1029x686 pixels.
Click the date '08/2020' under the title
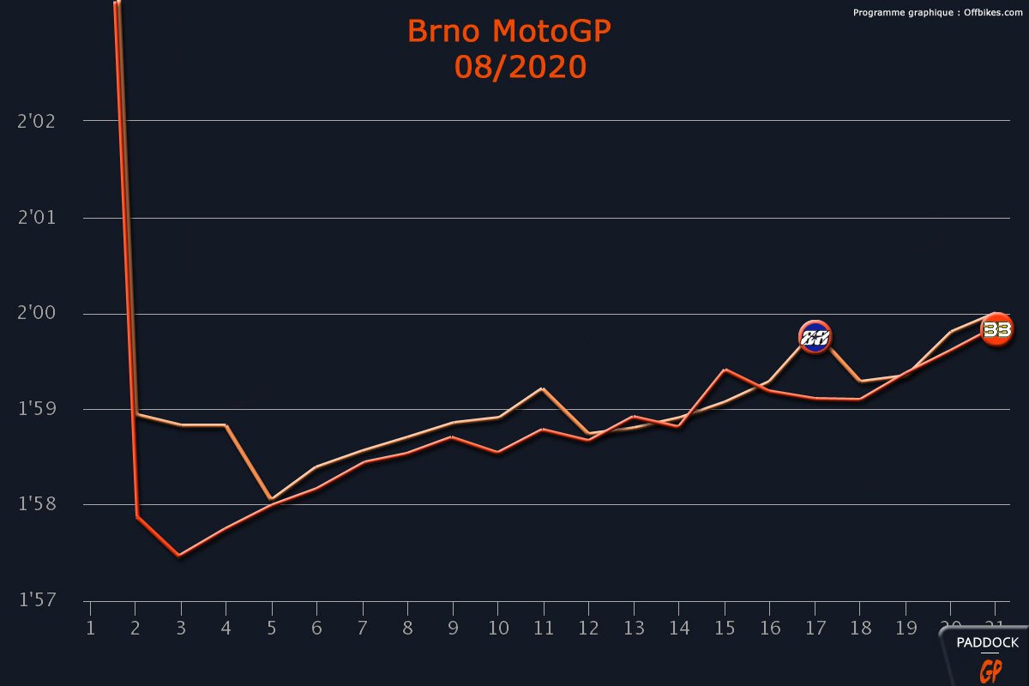[x=520, y=67]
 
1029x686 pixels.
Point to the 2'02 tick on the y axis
[x=36, y=121]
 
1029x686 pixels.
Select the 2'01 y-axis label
[x=36, y=218]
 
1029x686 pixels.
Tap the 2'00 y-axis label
[x=36, y=314]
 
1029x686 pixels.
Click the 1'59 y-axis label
[x=36, y=409]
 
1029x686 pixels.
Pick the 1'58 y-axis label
[x=36, y=505]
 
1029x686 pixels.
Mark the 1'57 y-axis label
[x=36, y=601]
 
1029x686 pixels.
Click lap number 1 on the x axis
[x=90, y=629]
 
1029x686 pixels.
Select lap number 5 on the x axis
[x=271, y=629]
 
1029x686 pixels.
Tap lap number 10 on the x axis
[x=497, y=629]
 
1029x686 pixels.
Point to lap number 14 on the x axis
[x=678, y=629]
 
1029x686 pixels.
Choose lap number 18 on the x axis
[x=859, y=629]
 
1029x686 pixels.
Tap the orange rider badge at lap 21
[x=996, y=329]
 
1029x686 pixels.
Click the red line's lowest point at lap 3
[x=178, y=556]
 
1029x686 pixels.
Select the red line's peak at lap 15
[x=725, y=370]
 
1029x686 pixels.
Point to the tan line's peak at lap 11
[x=542, y=388]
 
